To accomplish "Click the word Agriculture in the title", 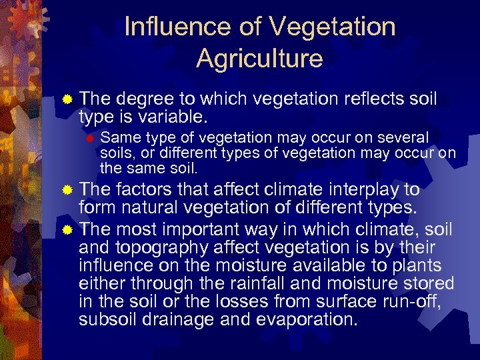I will [x=259, y=59].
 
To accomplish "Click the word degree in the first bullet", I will [x=142, y=99].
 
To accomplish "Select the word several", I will [x=402, y=138].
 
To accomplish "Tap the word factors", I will [x=146, y=190].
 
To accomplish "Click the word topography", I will [x=163, y=248].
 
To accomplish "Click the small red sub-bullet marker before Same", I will [x=91, y=139].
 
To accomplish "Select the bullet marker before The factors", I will [x=67, y=191].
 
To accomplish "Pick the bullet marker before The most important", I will [x=67, y=231].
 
